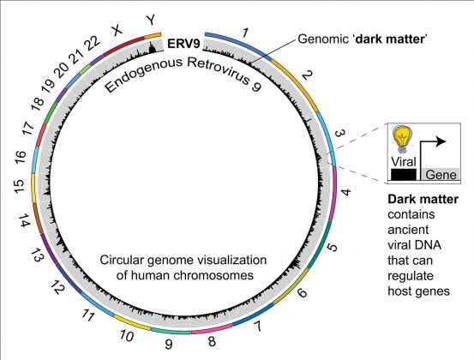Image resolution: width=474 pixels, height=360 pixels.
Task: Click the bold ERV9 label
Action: [x=183, y=44]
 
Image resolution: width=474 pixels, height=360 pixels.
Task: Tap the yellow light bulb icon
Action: [x=402, y=139]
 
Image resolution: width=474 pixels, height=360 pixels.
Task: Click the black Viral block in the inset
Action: [x=404, y=175]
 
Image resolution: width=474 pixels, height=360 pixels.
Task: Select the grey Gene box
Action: [x=441, y=174]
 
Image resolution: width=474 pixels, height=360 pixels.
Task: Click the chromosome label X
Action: [x=117, y=30]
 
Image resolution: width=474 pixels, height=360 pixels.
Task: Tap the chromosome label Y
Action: [x=151, y=21]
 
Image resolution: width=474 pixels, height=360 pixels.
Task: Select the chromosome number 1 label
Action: [x=245, y=33]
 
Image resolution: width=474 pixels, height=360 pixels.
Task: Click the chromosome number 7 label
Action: [x=257, y=327]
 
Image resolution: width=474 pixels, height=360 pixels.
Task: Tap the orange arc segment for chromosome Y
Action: [x=153, y=36]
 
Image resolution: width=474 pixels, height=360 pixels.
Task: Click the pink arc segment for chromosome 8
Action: [x=212, y=328]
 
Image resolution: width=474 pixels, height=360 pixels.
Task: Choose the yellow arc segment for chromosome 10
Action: [x=131, y=322]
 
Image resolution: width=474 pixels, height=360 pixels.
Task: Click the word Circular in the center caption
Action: [x=122, y=261]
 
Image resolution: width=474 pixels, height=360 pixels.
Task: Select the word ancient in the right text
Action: [x=408, y=230]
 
